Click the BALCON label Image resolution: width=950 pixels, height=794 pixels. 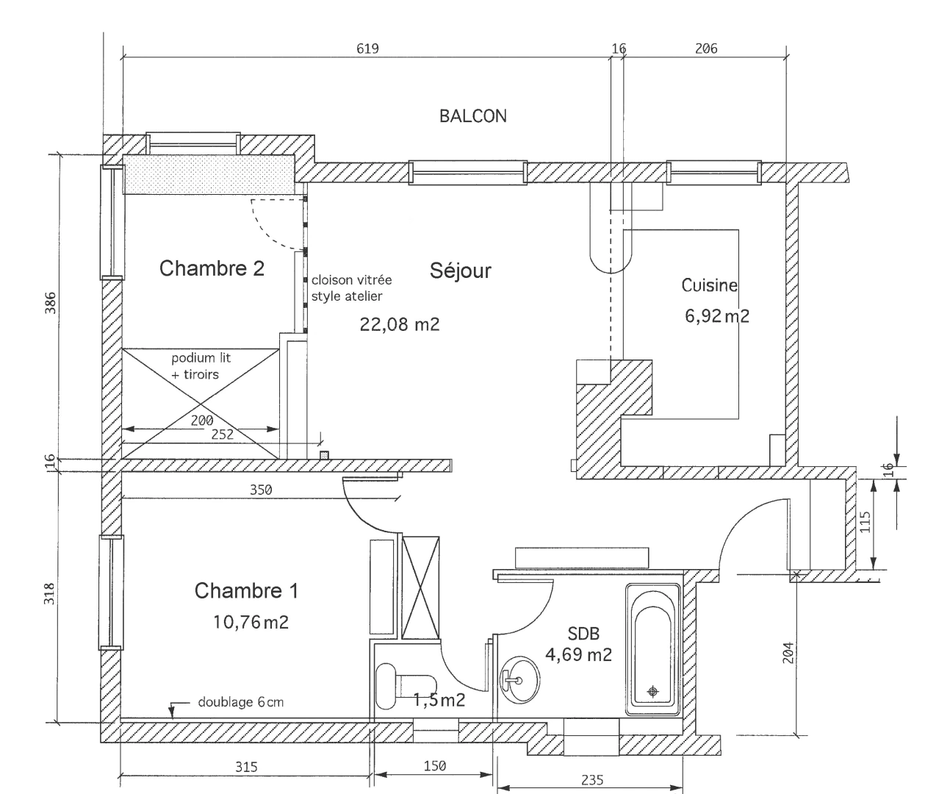(472, 116)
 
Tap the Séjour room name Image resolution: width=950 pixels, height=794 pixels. (460, 271)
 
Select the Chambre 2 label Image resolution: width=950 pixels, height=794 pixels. (212, 268)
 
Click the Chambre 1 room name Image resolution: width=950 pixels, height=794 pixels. (246, 590)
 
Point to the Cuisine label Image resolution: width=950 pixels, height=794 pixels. (709, 285)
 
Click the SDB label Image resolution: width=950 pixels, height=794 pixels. (583, 634)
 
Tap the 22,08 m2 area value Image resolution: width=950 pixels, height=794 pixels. (399, 324)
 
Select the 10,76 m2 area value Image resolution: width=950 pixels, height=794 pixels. (251, 623)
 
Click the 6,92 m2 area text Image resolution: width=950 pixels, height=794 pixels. (716, 316)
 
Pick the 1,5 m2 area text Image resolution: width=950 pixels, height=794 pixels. (439, 700)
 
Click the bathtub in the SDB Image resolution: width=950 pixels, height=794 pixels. (652, 649)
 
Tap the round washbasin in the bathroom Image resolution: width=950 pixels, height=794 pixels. (519, 679)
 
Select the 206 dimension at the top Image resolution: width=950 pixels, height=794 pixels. (705, 49)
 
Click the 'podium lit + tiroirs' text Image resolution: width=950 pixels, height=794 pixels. (201, 366)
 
